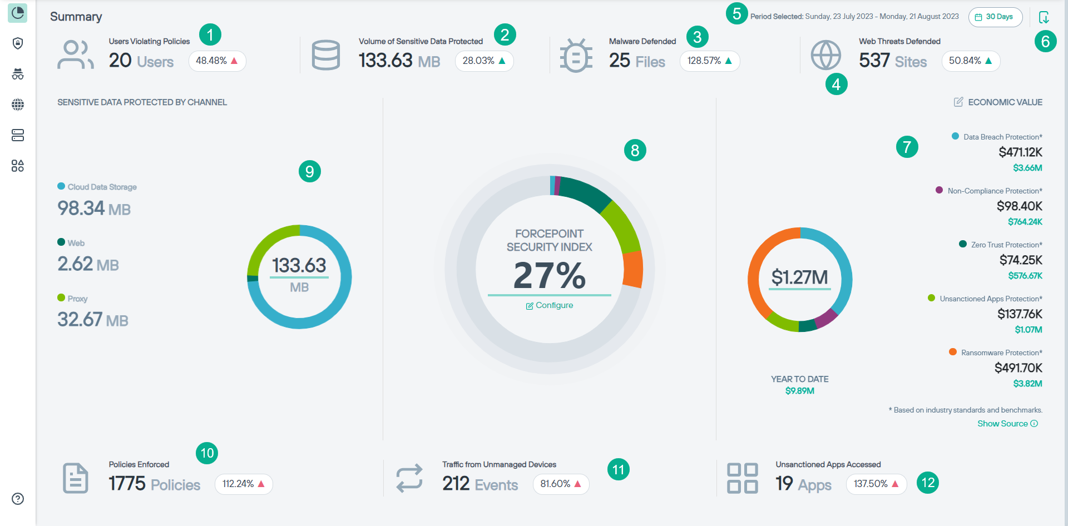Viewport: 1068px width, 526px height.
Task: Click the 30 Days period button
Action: click(x=995, y=17)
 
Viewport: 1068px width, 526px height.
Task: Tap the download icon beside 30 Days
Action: click(x=1044, y=17)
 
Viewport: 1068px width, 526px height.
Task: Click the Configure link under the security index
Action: click(x=550, y=305)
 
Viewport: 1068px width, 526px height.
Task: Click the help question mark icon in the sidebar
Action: click(x=18, y=499)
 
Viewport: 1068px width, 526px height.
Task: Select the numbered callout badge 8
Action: click(x=635, y=150)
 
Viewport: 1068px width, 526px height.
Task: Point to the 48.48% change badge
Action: click(x=217, y=61)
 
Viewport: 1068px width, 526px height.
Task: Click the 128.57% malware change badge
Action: click(x=709, y=61)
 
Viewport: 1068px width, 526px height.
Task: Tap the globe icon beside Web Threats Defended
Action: click(x=825, y=55)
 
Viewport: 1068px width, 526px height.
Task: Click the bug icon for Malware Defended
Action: click(x=576, y=56)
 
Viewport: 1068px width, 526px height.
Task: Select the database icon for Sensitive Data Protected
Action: click(x=326, y=55)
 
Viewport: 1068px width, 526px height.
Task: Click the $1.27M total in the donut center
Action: click(x=799, y=277)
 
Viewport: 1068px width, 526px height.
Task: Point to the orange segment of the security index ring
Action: click(x=633, y=269)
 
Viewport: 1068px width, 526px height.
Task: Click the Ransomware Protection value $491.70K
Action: click(x=1018, y=368)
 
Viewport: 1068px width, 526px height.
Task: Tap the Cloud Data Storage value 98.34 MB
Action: click(x=94, y=209)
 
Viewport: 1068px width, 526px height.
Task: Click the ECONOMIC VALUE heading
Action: click(x=1005, y=102)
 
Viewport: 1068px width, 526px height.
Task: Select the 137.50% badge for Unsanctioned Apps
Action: click(x=876, y=484)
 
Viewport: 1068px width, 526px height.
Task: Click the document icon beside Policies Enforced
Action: click(x=76, y=478)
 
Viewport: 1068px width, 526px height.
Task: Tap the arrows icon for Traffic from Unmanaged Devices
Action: click(x=409, y=478)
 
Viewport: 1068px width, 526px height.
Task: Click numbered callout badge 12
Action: click(x=928, y=483)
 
